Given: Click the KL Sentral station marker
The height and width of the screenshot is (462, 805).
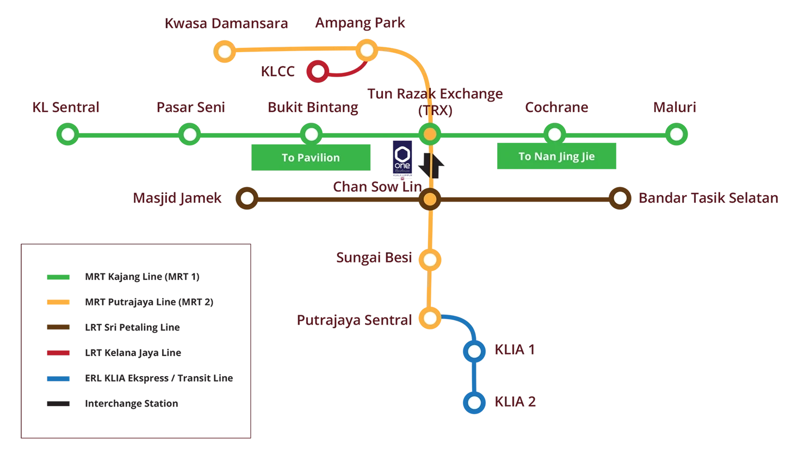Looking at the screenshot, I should [x=67, y=134].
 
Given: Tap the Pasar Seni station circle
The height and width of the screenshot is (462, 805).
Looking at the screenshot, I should [x=190, y=134].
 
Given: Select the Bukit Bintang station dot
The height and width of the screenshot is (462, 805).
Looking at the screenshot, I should [x=312, y=134].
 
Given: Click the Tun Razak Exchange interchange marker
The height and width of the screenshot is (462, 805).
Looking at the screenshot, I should [x=430, y=134].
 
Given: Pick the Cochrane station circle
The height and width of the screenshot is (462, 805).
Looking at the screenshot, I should [x=554, y=134].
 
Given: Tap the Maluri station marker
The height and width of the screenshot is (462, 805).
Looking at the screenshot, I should [x=676, y=134].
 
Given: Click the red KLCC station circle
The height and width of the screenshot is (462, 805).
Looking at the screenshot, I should [x=318, y=71].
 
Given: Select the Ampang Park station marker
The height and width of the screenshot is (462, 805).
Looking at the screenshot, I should [x=367, y=51].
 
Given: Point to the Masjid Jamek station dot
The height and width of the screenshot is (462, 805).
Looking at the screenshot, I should [x=247, y=198].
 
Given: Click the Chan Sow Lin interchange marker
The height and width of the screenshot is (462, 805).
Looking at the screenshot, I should [x=430, y=199].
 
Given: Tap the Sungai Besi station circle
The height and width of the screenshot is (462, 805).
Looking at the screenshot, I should [x=430, y=260].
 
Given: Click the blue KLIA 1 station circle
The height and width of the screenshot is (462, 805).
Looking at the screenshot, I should [x=474, y=352].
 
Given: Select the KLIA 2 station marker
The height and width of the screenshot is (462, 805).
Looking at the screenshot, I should [x=474, y=403].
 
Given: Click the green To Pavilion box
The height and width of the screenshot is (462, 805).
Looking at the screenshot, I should [x=311, y=158].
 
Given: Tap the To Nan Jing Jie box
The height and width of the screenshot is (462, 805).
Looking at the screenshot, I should [x=556, y=157].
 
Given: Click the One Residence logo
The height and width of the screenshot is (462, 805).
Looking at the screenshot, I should [x=403, y=160].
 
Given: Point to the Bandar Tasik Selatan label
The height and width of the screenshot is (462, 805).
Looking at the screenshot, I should [x=708, y=198].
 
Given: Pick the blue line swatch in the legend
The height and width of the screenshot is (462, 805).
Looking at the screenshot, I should [x=58, y=378].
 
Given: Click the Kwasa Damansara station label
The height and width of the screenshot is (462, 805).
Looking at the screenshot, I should [x=227, y=24].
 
